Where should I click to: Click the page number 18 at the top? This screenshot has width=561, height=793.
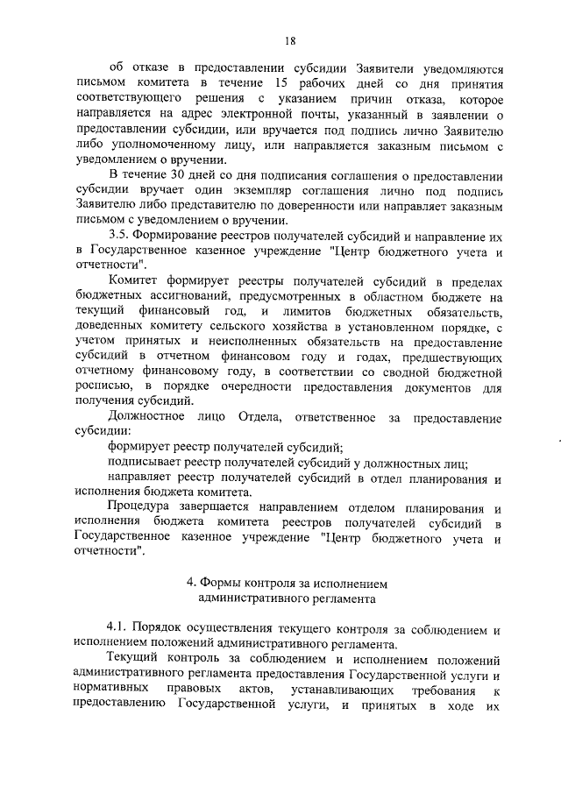click(x=289, y=39)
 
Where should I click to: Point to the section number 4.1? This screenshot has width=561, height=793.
click(x=118, y=628)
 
